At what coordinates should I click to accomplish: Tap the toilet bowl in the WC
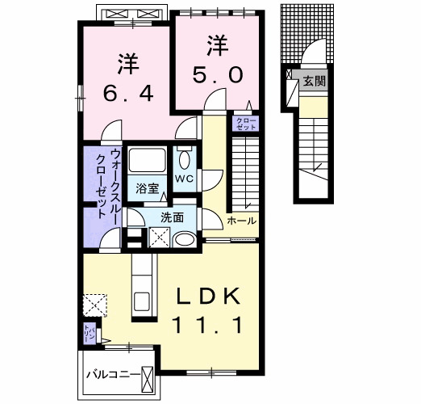[x=185, y=159]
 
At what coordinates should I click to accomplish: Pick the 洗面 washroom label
[x=172, y=217]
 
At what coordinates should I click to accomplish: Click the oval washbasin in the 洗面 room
[x=185, y=239]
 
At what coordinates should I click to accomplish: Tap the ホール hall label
[x=242, y=221]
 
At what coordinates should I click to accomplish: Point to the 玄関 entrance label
[x=315, y=81]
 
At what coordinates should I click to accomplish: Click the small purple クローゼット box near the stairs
[x=245, y=124]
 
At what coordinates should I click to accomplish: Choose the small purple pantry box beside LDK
[x=88, y=332]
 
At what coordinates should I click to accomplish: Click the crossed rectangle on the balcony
[x=148, y=378]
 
